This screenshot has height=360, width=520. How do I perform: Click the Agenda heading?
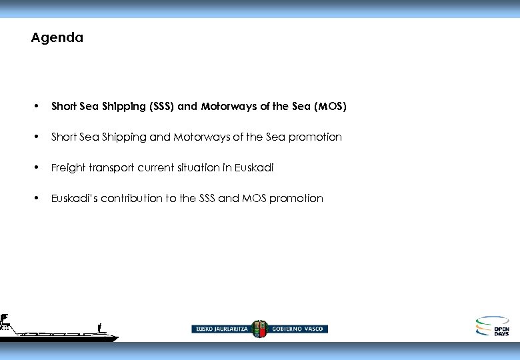tap(57, 38)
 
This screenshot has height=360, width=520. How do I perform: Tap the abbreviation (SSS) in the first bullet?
tap(159, 107)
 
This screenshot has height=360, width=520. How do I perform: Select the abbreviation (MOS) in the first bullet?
tap(329, 107)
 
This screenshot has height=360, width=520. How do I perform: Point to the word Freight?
tap(67, 168)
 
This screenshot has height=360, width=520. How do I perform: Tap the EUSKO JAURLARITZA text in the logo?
tap(221, 329)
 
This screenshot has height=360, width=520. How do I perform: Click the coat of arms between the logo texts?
tap(259, 328)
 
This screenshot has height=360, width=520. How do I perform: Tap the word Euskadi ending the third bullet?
tap(253, 168)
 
